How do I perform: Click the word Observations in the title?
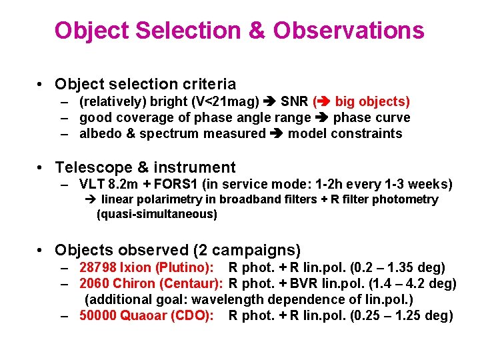coord(348,30)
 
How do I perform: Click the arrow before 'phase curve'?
coord(322,118)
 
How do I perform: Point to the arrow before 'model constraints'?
coord(276,134)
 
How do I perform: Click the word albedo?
coord(100,134)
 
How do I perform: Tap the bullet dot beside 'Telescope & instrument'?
coord(41,167)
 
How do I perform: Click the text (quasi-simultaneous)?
coord(157,214)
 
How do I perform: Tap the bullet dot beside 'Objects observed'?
coord(41,251)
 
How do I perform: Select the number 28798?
coord(98,268)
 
